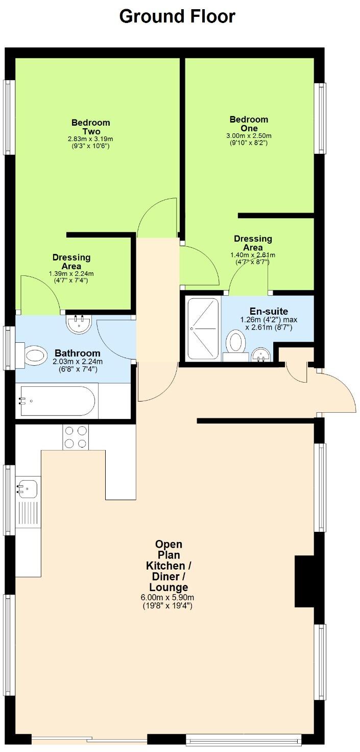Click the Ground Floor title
tap(177, 16)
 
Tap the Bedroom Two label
tap(90, 127)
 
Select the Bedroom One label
tap(249, 124)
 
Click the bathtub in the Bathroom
tap(57, 402)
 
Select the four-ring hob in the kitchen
tap(75, 437)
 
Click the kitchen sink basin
tap(25, 490)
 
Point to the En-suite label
tap(269, 311)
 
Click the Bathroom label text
tap(78, 353)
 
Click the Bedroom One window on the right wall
tap(320, 118)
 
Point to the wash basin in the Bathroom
tap(78, 323)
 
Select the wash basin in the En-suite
tap(261, 354)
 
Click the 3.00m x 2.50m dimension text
tap(249, 136)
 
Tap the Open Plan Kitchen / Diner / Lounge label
tap(167, 566)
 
